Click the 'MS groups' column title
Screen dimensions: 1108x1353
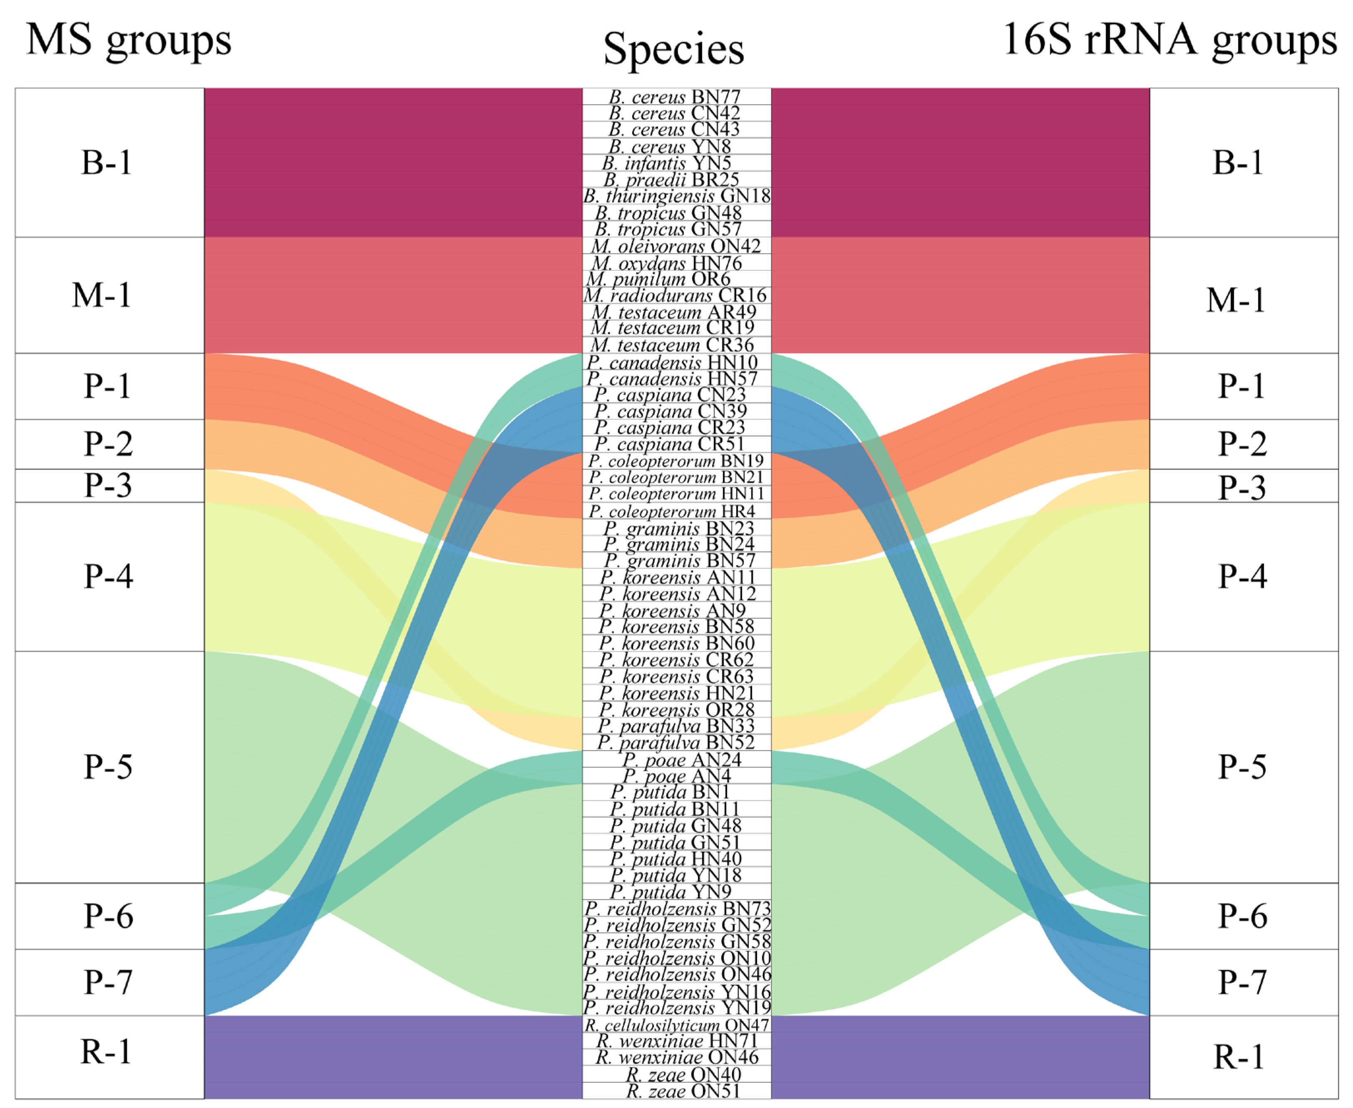pos(128,41)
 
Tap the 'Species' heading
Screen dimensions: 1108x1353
pos(673,49)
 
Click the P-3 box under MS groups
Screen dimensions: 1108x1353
pos(109,486)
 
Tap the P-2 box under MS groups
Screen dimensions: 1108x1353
pos(109,444)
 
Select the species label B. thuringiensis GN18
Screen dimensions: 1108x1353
pos(677,196)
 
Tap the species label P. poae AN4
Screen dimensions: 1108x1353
pos(677,776)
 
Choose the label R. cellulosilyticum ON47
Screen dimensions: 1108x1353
pos(677,1025)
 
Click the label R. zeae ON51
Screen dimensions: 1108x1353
pos(683,1091)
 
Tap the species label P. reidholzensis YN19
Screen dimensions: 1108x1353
pos(677,1008)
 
